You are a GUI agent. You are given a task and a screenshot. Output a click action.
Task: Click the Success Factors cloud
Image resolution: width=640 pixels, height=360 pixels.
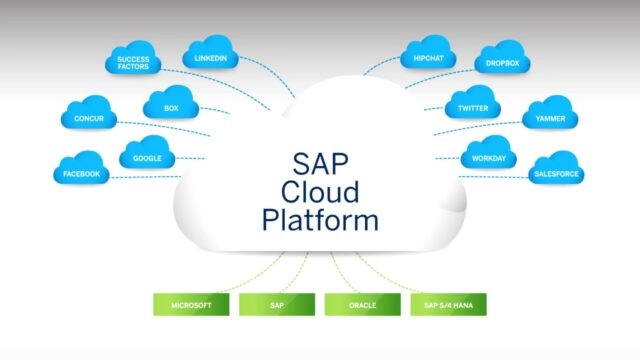(x=127, y=64)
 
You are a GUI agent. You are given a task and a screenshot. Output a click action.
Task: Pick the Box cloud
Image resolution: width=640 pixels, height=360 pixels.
(x=170, y=107)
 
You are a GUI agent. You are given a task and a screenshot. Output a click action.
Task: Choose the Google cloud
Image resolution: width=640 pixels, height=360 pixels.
(x=148, y=158)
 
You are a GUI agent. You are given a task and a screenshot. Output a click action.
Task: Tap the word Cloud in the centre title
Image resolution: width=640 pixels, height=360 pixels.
(x=321, y=189)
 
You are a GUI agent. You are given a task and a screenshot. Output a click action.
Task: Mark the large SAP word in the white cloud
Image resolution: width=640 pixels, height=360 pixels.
(x=321, y=160)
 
